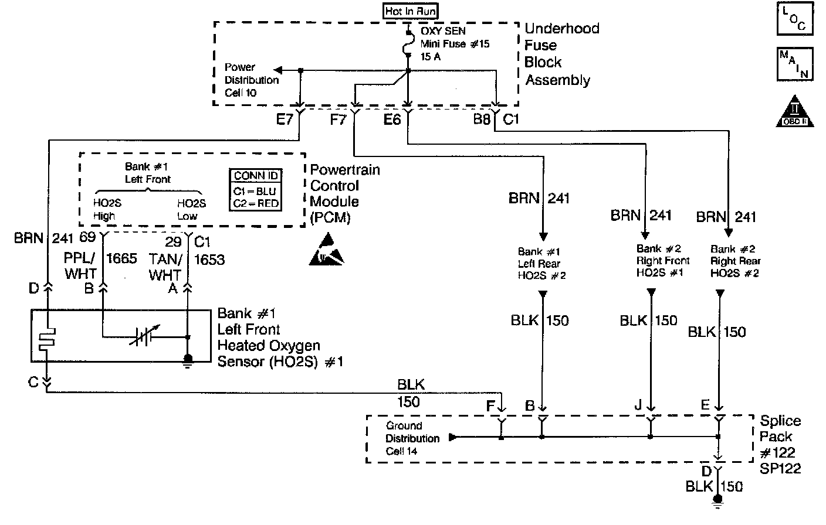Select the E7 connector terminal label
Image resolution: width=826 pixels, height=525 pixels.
285,120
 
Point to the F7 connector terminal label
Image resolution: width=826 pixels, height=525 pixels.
338,120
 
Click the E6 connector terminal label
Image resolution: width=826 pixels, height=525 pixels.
392,120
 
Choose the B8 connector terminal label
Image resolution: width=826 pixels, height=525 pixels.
482,120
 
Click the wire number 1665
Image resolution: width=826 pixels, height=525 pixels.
121,258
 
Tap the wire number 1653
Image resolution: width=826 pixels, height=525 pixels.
209,260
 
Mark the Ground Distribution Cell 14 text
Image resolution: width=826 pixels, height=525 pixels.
412,438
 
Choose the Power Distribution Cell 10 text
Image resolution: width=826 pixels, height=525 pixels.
251,80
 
